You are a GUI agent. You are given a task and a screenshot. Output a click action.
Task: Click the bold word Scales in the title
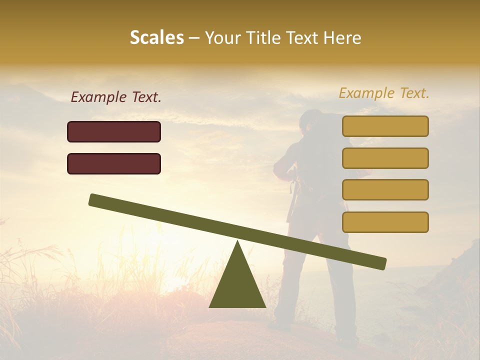pyautogui.click(x=156, y=37)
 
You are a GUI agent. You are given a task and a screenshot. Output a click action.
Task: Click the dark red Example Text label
pyautogui.click(x=116, y=97)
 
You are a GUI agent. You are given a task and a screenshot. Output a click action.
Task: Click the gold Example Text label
pyautogui.click(x=384, y=93)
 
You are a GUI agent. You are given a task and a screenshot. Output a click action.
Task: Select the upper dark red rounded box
pyautogui.click(x=114, y=131)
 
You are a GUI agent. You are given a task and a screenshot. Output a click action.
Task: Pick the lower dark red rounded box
pyautogui.click(x=114, y=163)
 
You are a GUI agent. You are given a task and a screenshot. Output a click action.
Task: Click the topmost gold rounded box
pyautogui.click(x=385, y=126)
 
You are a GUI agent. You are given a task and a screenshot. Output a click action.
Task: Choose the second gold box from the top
pyautogui.click(x=385, y=158)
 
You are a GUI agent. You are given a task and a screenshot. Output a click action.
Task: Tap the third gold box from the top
pyautogui.click(x=385, y=189)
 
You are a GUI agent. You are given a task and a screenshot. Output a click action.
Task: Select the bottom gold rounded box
pyautogui.click(x=385, y=222)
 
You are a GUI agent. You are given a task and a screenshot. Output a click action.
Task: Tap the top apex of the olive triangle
pyautogui.click(x=237, y=242)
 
